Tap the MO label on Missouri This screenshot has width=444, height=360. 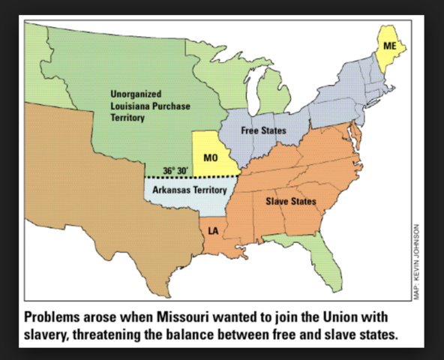point(210,157)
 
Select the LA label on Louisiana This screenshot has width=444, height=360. point(213,229)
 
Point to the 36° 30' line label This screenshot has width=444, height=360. point(175,169)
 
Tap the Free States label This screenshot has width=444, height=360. point(263,131)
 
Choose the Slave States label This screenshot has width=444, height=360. point(290,201)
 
